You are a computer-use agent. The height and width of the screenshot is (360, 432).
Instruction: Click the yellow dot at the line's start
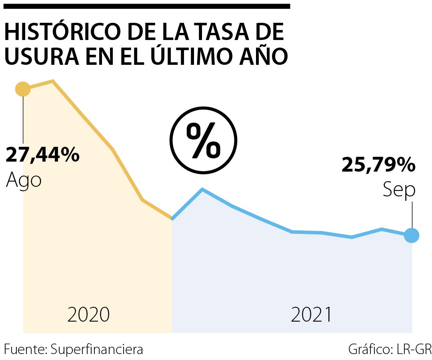(23, 89)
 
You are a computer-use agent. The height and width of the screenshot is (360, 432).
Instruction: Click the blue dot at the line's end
(412, 235)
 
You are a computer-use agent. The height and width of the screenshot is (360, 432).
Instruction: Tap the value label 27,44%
(42, 155)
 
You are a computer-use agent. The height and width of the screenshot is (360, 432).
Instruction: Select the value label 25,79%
(378, 165)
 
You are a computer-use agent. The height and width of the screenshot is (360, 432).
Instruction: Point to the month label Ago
(24, 180)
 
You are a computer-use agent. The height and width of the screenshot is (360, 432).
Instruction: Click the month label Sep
(399, 190)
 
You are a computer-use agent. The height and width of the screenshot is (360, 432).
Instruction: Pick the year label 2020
(88, 315)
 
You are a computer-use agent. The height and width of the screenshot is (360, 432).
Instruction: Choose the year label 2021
(311, 315)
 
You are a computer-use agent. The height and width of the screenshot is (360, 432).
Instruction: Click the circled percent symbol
(204, 140)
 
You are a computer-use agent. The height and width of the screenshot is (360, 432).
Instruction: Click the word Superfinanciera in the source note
(97, 349)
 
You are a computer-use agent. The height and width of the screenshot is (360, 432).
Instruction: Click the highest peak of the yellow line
(53, 81)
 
